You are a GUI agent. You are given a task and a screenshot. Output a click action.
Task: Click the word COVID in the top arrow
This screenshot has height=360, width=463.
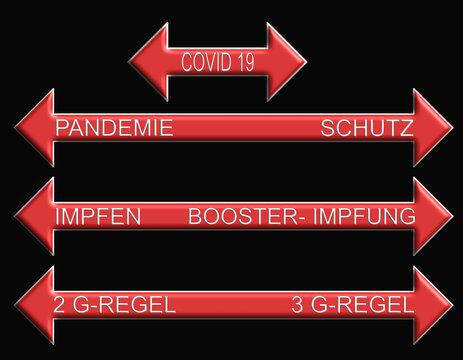(x=206, y=63)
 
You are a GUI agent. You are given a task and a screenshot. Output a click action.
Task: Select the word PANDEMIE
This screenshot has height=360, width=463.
(x=114, y=128)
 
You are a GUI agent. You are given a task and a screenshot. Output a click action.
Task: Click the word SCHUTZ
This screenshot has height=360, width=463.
(x=367, y=128)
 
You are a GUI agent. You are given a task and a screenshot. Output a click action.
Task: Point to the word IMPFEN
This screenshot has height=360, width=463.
(x=98, y=217)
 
